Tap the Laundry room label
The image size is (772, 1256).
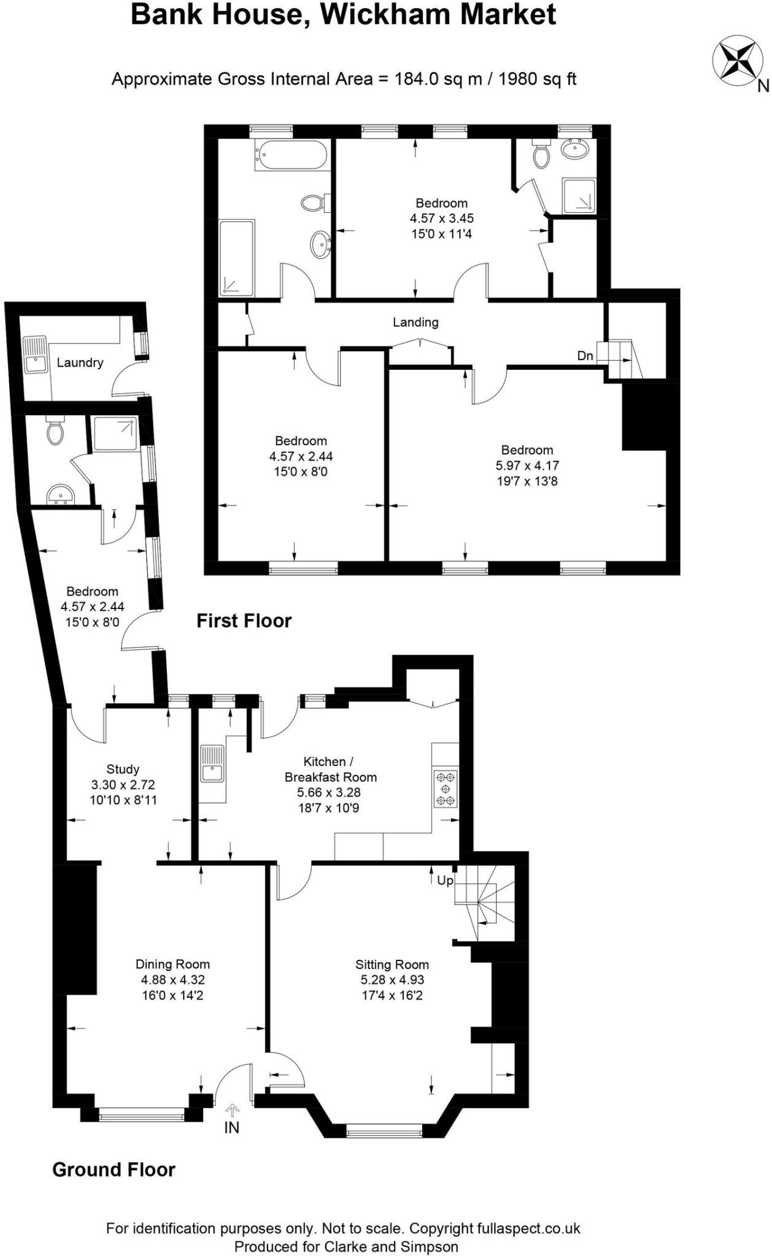tap(80, 362)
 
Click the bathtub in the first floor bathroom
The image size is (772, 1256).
tap(292, 155)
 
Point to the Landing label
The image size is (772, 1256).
tap(415, 322)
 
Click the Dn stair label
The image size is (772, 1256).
tap(585, 356)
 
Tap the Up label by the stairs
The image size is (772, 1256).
tap(445, 881)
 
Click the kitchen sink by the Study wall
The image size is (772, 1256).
tap(212, 764)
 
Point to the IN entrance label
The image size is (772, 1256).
tap(231, 1127)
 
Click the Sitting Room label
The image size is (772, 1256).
tap(392, 965)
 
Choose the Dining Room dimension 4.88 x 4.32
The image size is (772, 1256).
tap(172, 980)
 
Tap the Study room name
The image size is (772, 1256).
tap(123, 769)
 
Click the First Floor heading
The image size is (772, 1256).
tap(244, 621)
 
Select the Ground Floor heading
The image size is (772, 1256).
tap(114, 1170)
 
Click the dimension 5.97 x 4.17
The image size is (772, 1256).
tap(527, 465)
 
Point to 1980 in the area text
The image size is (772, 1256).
tap(519, 79)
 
